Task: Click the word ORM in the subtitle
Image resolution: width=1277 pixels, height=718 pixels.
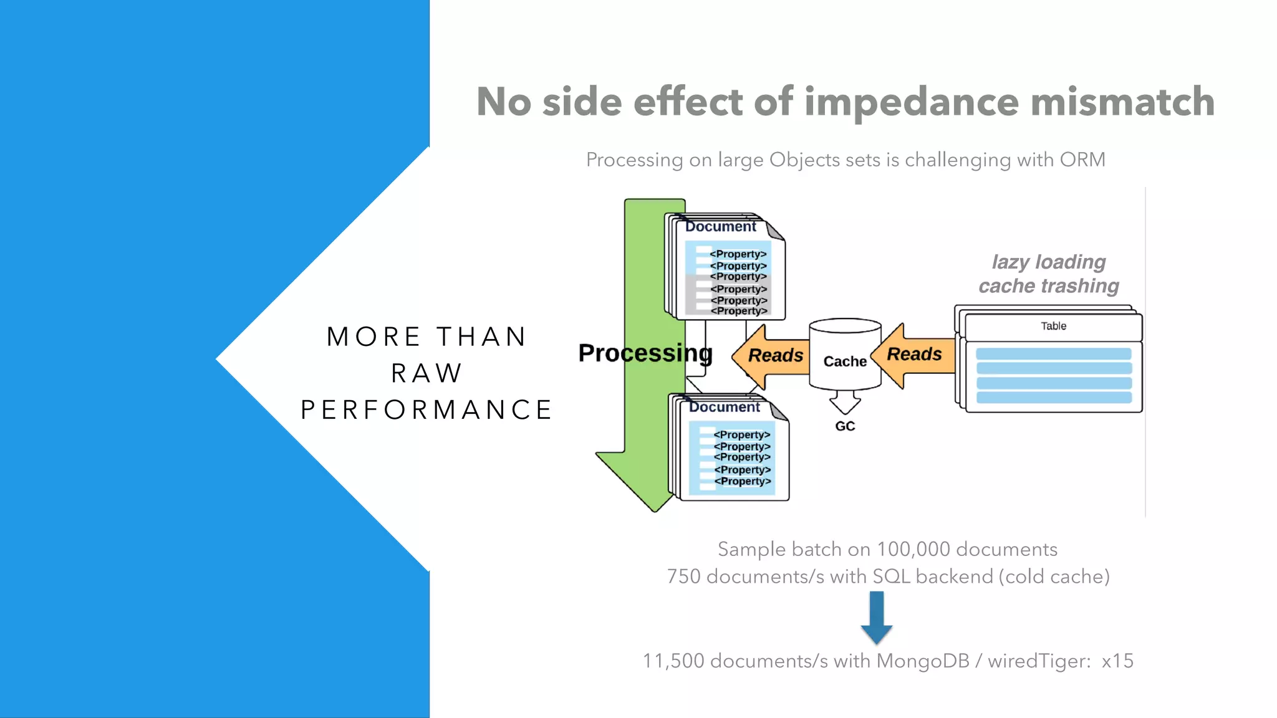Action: coord(1082,160)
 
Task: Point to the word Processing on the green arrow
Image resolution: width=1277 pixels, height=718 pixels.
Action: coord(645,353)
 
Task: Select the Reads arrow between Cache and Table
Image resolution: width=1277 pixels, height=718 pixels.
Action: coord(913,355)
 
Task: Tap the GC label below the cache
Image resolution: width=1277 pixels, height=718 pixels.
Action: coord(845,426)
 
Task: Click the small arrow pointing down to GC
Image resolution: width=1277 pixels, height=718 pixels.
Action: coord(845,403)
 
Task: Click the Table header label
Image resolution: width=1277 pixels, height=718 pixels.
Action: coord(1053,326)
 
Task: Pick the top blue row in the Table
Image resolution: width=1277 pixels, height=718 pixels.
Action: coord(1053,354)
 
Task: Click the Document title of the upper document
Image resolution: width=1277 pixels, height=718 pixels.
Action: coord(720,227)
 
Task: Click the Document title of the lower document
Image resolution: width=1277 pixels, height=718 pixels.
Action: coord(724,408)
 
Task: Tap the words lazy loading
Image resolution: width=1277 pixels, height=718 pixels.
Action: coord(1049,262)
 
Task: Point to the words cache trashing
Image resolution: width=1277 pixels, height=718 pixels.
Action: coord(1049,286)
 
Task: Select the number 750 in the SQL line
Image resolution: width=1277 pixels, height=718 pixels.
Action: coord(683,577)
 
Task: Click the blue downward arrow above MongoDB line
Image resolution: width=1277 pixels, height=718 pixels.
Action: coord(876,617)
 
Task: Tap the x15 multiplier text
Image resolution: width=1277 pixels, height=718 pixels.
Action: coord(1117,661)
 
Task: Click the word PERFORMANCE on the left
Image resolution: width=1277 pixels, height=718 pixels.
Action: coord(426,410)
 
